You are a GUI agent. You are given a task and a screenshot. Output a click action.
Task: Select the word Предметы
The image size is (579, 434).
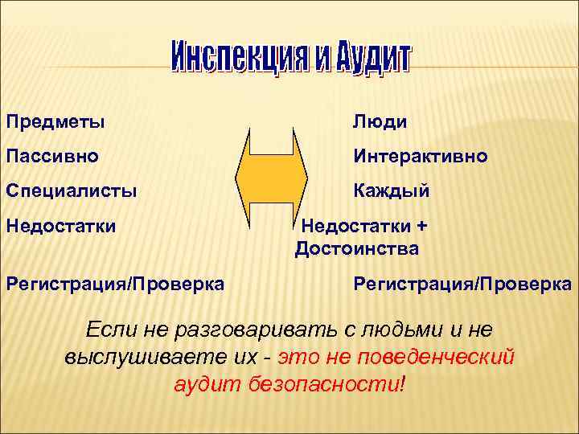55,122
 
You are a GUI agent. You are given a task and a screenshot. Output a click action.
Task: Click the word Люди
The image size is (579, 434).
380,122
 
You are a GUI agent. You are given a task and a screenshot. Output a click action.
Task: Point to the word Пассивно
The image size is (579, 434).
52,156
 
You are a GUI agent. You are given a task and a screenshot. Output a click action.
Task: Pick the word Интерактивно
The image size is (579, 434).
420,156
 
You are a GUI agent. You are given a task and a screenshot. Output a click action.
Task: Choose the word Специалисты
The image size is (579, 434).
72,191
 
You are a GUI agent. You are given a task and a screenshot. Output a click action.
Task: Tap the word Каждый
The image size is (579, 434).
391,191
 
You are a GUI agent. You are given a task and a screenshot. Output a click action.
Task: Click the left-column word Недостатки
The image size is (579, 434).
61,226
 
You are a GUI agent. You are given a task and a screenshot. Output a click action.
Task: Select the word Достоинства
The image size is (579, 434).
356,249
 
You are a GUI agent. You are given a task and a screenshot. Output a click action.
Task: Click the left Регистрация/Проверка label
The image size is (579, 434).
115,284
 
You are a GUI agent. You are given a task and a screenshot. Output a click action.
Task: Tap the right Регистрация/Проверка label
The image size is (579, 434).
462,284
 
